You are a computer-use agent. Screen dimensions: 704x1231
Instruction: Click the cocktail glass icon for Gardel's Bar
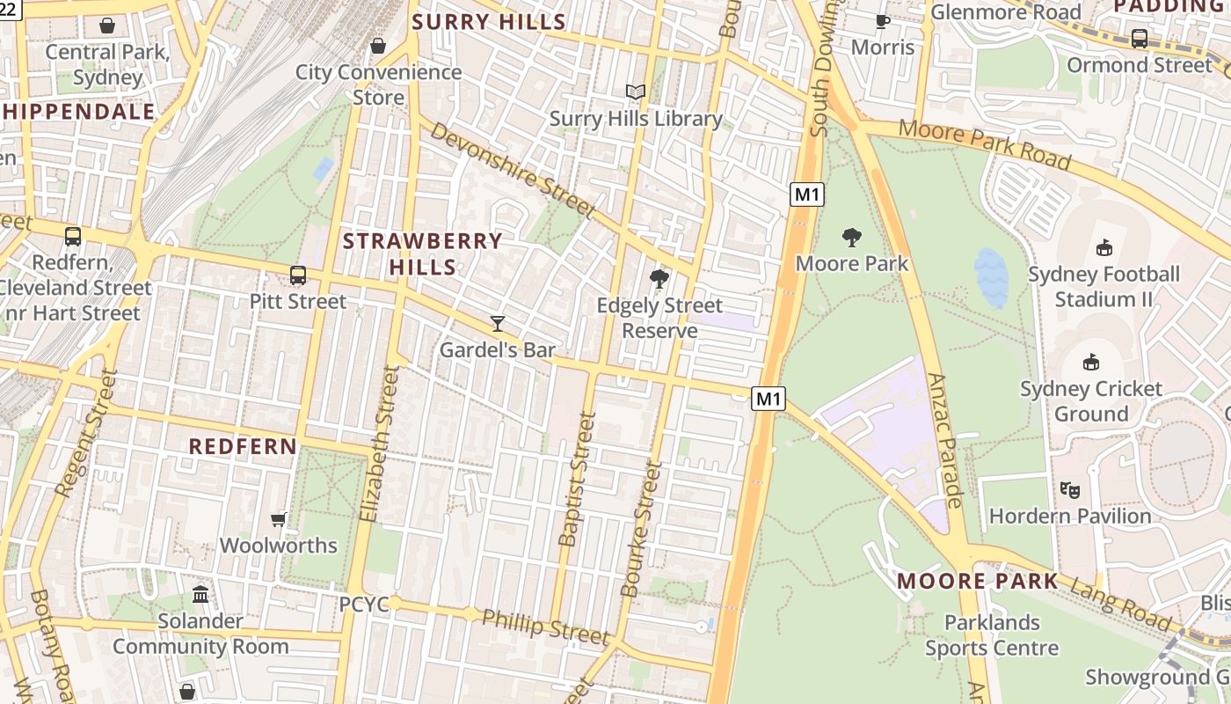click(x=498, y=324)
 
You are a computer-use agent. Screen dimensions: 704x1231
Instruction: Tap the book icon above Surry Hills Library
click(x=635, y=92)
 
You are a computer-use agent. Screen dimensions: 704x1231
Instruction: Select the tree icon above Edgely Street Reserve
click(x=659, y=280)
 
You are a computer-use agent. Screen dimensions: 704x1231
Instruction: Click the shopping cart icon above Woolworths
click(x=279, y=519)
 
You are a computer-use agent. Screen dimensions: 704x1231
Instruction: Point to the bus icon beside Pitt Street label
click(x=298, y=275)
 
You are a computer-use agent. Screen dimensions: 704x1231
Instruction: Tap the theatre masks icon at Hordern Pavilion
click(x=1069, y=489)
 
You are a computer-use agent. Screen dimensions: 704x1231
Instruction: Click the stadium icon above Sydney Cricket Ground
click(x=1090, y=362)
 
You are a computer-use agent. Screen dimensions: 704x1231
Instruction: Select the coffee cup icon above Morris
click(x=883, y=21)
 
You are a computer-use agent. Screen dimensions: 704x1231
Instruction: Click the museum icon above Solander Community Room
click(x=200, y=595)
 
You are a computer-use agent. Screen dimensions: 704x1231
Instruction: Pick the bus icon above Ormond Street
click(x=1139, y=39)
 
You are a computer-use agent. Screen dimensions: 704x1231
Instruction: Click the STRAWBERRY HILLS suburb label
click(x=422, y=253)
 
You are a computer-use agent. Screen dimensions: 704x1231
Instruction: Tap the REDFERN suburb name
click(x=244, y=446)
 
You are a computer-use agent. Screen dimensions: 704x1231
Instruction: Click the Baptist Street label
click(x=577, y=480)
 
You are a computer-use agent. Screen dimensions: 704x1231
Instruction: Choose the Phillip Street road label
click(x=545, y=626)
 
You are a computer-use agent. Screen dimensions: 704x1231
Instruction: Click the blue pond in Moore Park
click(x=991, y=277)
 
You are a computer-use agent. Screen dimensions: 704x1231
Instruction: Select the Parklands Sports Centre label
click(x=992, y=635)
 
